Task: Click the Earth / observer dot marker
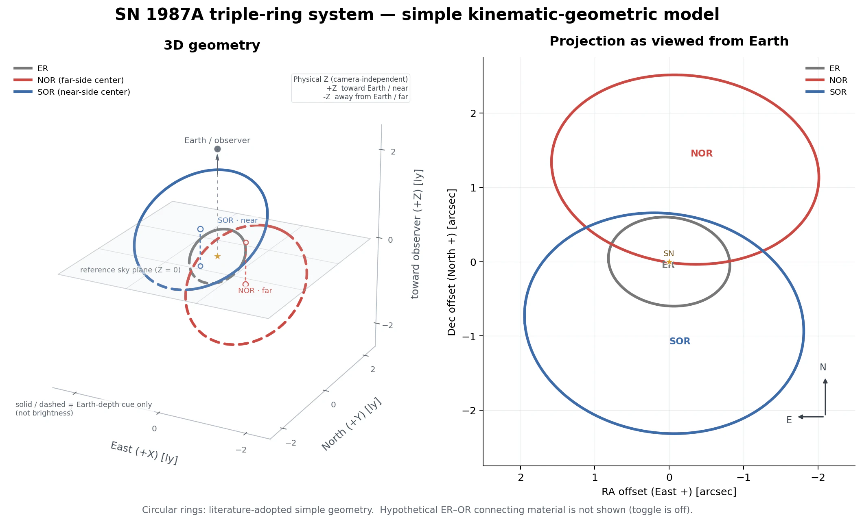pyautogui.click(x=217, y=149)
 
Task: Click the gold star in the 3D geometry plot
pyautogui.click(x=217, y=256)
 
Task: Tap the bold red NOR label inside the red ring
pyautogui.click(x=702, y=153)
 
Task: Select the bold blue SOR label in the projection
pyautogui.click(x=680, y=341)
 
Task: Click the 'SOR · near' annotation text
pyautogui.click(x=238, y=220)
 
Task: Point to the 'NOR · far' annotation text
pyautogui.click(x=255, y=291)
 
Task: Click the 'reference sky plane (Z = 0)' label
pyautogui.click(x=130, y=270)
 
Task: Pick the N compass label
pyautogui.click(x=823, y=367)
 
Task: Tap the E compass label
pyautogui.click(x=789, y=420)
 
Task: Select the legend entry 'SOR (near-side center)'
pyautogui.click(x=72, y=92)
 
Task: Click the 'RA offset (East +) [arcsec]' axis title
pyautogui.click(x=669, y=492)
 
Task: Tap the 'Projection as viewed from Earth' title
pyautogui.click(x=669, y=41)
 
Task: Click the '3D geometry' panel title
pyautogui.click(x=212, y=45)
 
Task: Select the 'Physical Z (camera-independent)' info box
pyautogui.click(x=350, y=88)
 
